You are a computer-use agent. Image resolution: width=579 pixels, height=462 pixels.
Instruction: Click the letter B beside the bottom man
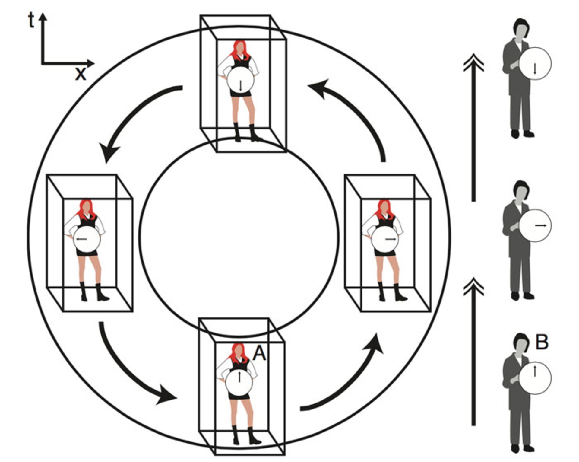tap(542, 343)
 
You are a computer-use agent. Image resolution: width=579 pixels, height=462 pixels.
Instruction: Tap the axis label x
tap(81, 73)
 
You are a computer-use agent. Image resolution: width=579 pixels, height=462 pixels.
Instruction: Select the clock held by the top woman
tap(240, 80)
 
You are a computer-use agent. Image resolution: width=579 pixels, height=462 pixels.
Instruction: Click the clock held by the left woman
tap(87, 239)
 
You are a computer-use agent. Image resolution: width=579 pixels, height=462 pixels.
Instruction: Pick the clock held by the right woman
tap(384, 239)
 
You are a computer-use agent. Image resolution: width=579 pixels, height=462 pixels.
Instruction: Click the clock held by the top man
tap(535, 63)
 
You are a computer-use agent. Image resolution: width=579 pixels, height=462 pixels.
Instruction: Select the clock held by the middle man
tap(535, 225)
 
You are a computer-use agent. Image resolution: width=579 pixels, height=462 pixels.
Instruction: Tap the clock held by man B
tap(535, 378)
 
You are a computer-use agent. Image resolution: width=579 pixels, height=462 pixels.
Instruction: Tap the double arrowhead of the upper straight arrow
tap(473, 62)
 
